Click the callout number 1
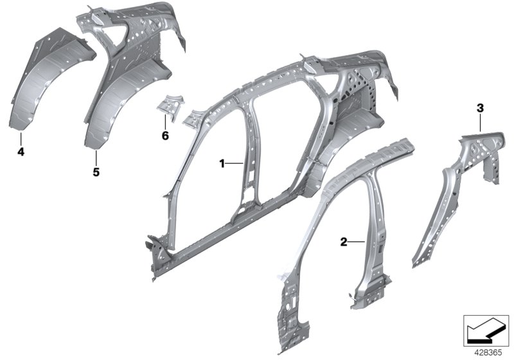click(222, 164)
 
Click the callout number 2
click(343, 242)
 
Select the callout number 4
click(21, 152)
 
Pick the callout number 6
click(165, 136)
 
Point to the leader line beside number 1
click(235, 164)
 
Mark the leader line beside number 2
click(356, 242)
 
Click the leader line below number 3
click(479, 122)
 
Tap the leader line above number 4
click(21, 139)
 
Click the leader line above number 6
click(165, 123)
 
